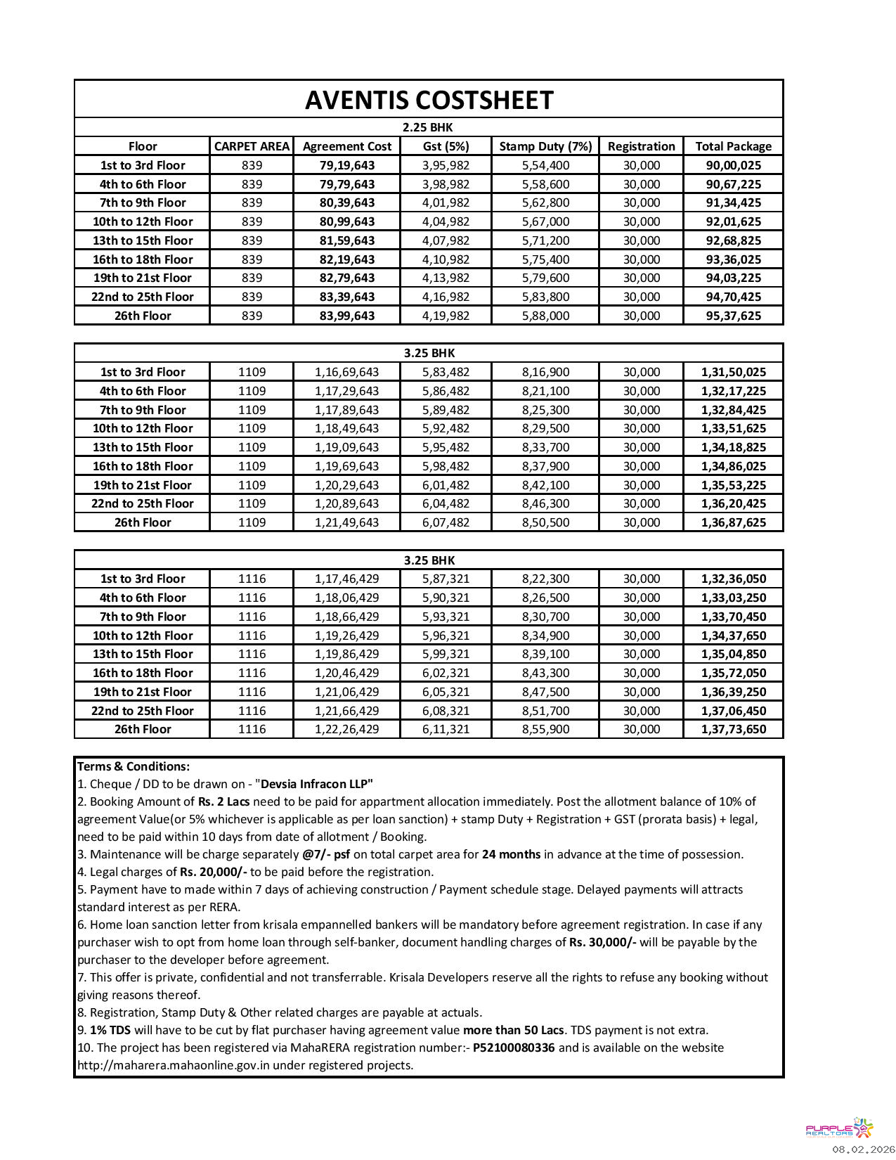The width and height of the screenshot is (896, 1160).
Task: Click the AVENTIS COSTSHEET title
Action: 429,101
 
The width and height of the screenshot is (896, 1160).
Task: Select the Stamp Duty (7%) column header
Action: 545,146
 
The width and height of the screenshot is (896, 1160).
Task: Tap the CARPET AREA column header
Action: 252,146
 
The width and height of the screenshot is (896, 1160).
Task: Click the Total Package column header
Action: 733,146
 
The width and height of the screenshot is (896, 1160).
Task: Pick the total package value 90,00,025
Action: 733,165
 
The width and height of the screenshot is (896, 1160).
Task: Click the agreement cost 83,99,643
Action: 347,316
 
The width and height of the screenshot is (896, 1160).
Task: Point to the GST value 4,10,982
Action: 446,259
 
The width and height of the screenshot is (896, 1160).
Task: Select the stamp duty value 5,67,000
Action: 545,221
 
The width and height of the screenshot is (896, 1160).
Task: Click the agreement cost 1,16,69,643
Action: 346,372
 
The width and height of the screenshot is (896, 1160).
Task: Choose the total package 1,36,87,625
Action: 733,522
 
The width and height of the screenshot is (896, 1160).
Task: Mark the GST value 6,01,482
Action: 446,485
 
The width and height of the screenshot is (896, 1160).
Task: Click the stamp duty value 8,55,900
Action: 545,729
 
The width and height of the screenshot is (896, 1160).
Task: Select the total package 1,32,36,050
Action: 733,579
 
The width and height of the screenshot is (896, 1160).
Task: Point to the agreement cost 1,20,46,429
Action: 346,673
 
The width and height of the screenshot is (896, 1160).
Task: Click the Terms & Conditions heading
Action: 134,766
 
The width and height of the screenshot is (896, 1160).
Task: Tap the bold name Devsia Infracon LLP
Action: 316,784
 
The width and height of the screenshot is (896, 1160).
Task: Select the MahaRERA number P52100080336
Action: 514,1048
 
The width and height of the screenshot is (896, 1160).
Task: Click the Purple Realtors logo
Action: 839,1129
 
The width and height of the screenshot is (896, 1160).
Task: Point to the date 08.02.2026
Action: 864,1149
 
